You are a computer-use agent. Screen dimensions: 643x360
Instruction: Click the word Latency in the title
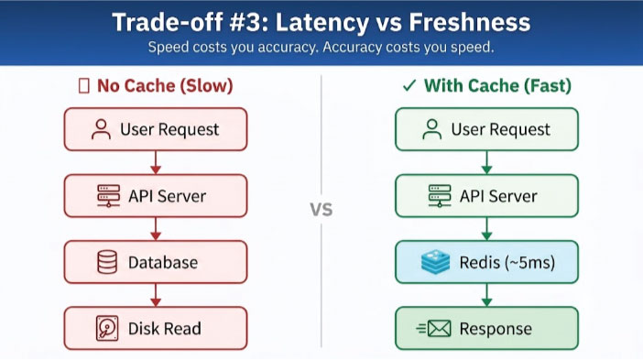tap(321, 23)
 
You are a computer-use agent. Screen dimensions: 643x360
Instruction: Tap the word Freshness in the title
tap(470, 22)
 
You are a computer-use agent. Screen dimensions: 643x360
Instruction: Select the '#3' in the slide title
tap(245, 22)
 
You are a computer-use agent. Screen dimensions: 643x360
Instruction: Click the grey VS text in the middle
tap(321, 210)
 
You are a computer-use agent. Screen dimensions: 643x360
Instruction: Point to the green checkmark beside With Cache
tap(409, 86)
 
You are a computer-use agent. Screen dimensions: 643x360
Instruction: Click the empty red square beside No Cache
tap(84, 86)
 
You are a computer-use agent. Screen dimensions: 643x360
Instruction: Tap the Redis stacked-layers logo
tap(435, 262)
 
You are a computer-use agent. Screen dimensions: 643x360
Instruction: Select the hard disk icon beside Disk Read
tap(107, 329)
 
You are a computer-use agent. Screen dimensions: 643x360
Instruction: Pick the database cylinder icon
tap(107, 262)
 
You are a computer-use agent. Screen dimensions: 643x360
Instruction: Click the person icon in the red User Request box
tap(101, 129)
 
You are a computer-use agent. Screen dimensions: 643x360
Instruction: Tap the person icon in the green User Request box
tap(431, 129)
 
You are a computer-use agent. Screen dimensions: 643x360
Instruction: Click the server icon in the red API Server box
tap(109, 196)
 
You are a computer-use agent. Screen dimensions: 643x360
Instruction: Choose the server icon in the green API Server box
tap(440, 196)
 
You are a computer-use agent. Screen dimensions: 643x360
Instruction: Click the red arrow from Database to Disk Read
tap(156, 295)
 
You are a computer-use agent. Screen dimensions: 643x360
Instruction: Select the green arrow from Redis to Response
tap(486, 295)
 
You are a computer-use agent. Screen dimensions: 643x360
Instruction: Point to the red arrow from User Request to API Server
tap(156, 162)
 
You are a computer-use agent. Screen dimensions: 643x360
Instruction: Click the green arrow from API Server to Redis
tap(486, 228)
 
